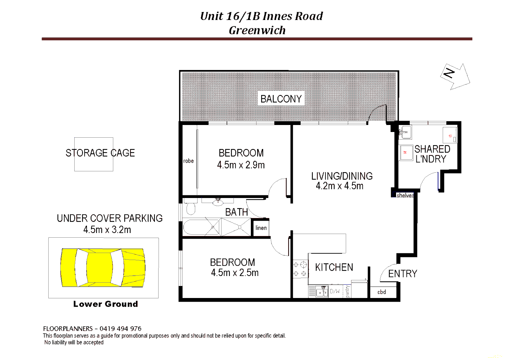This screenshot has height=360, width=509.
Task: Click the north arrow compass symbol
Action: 455,76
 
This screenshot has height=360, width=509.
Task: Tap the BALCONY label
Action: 281,99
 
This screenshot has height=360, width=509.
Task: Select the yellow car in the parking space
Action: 103,267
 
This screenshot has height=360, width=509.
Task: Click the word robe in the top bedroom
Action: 188,161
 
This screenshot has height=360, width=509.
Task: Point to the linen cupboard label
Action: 261,228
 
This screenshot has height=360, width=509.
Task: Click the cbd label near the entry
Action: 381,292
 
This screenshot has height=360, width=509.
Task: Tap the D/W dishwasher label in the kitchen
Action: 335,291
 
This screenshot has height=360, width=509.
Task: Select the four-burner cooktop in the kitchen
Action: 300,269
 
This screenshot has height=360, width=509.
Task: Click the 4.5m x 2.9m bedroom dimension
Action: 241,165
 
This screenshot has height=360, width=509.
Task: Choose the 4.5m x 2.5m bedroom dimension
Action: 235,273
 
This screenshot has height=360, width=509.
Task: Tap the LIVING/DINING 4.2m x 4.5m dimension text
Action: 339,186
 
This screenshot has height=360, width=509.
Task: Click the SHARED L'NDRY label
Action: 432,154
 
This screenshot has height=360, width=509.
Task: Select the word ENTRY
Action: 402,274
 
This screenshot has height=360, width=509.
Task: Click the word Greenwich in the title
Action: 257,30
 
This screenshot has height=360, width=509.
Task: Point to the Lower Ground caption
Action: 105,304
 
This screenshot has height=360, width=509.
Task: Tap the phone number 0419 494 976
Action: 120,329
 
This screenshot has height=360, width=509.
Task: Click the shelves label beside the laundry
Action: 405,195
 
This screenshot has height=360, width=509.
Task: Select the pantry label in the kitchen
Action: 347,291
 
